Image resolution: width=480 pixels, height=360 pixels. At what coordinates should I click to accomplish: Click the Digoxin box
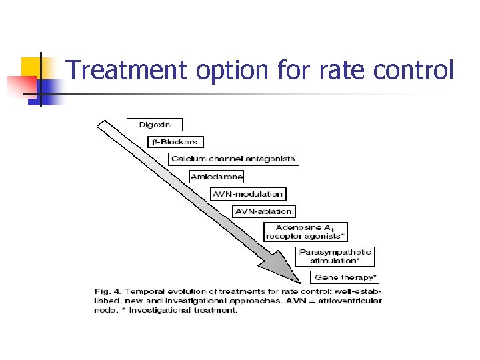coord(154,125)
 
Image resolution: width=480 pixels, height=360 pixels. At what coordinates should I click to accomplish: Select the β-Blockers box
coord(175,141)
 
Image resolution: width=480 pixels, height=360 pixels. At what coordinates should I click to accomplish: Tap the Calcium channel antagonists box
coord(233,159)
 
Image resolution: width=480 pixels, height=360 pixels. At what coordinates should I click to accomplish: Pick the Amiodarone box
coord(217,177)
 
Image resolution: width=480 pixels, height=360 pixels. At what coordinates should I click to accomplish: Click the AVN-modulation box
coord(247,194)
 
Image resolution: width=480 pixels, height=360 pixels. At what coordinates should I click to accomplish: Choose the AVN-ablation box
coord(263,211)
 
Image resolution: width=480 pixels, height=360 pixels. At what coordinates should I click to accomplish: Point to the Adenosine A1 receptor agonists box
coord(305,232)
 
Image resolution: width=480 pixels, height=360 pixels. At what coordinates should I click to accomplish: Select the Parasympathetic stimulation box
coord(335,257)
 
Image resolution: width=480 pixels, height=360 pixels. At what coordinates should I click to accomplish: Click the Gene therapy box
coord(345,277)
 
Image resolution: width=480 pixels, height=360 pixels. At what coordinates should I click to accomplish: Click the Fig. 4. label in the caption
coord(107,291)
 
